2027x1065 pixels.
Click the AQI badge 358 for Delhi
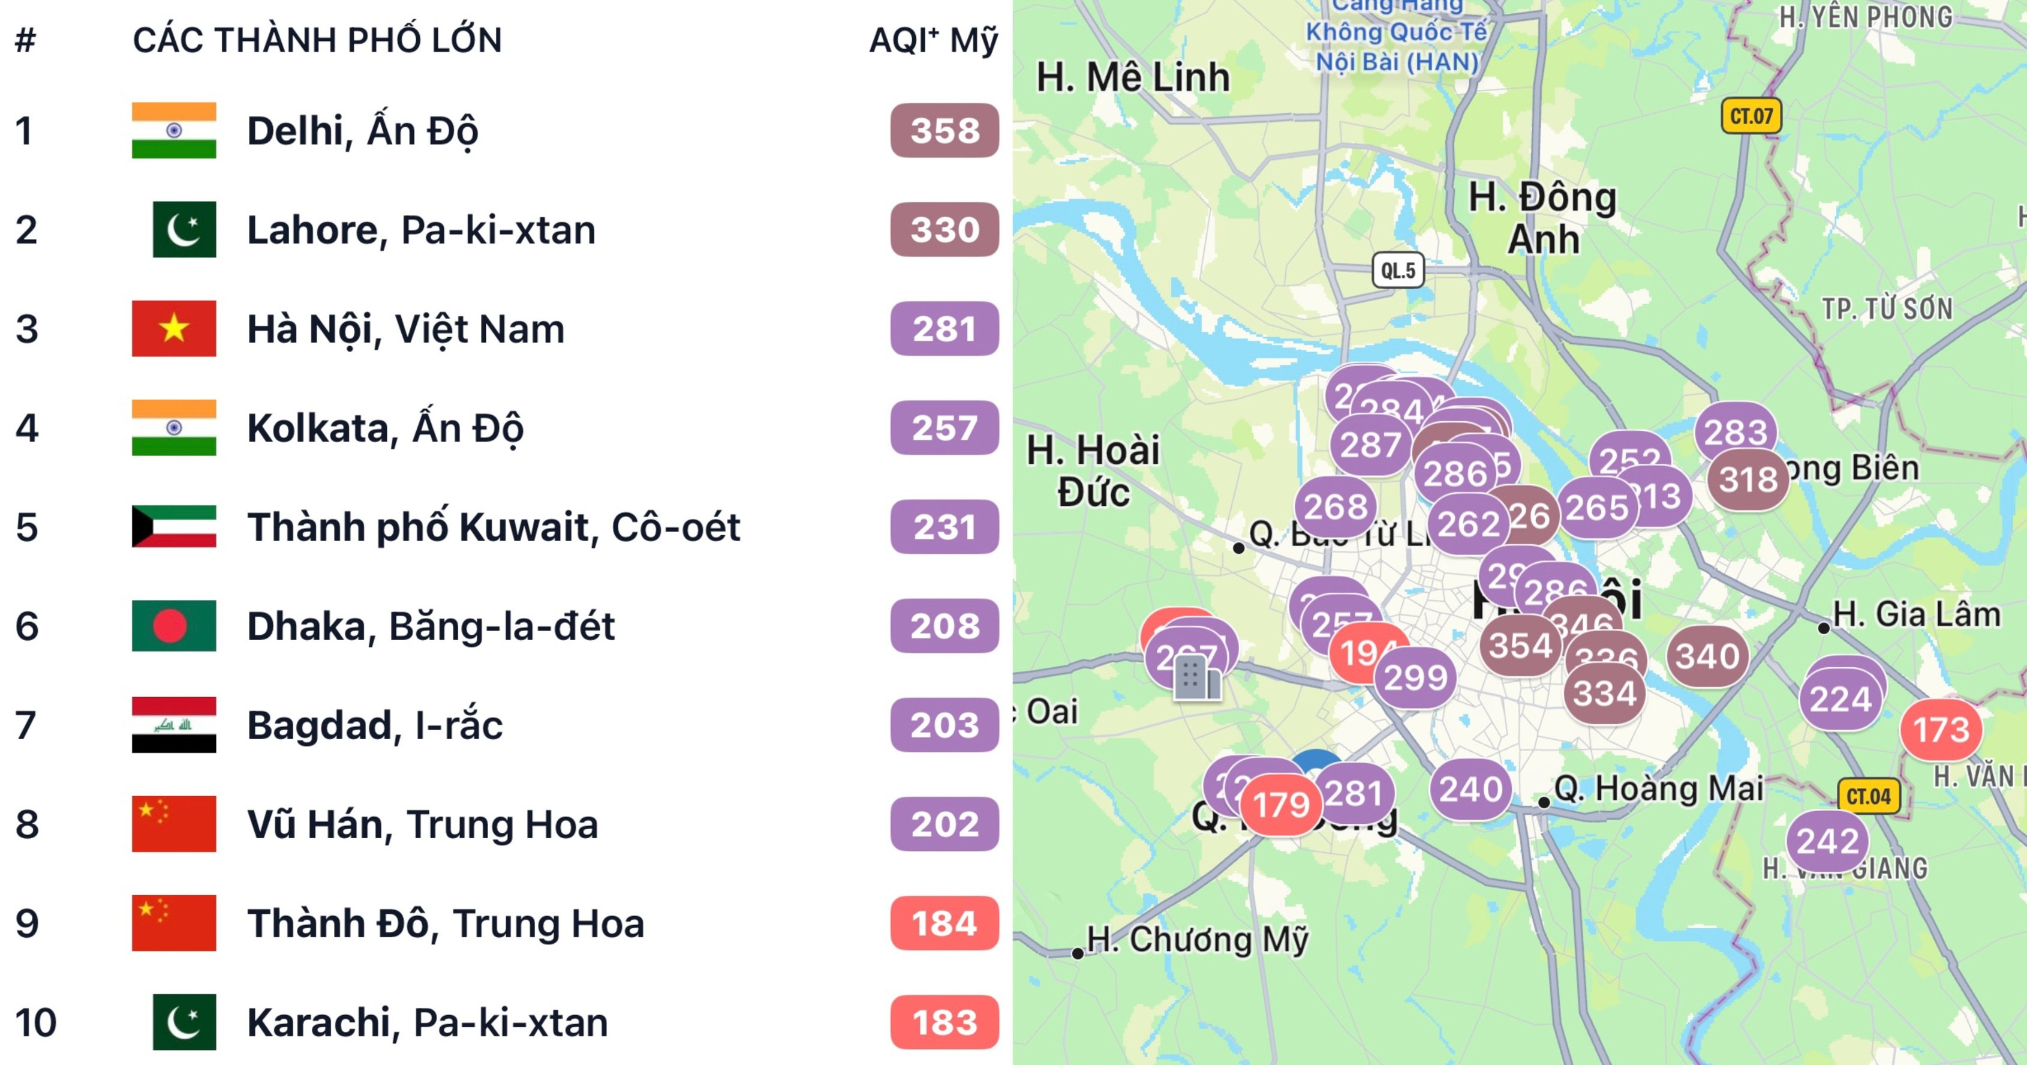coord(945,131)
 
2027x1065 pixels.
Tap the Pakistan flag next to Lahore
coord(184,230)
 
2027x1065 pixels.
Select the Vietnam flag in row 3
coord(174,329)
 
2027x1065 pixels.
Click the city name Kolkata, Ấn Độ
coord(385,428)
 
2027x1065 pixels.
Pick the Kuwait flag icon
coord(174,527)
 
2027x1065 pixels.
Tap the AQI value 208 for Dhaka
coord(945,626)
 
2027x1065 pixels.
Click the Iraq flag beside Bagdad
coord(174,725)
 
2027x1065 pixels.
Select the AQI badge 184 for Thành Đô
coord(945,923)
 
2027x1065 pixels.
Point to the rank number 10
coord(35,1022)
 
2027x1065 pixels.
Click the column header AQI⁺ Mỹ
coord(933,40)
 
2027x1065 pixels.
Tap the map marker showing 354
coord(1520,646)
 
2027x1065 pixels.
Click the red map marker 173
coord(1941,730)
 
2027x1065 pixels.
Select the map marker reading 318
coord(1748,479)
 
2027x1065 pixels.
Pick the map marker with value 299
coord(1415,677)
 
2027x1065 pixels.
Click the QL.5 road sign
coord(1397,271)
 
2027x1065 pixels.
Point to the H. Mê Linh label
coord(1133,77)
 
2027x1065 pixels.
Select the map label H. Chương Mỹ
coord(1196,940)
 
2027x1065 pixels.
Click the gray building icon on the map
coord(1196,678)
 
